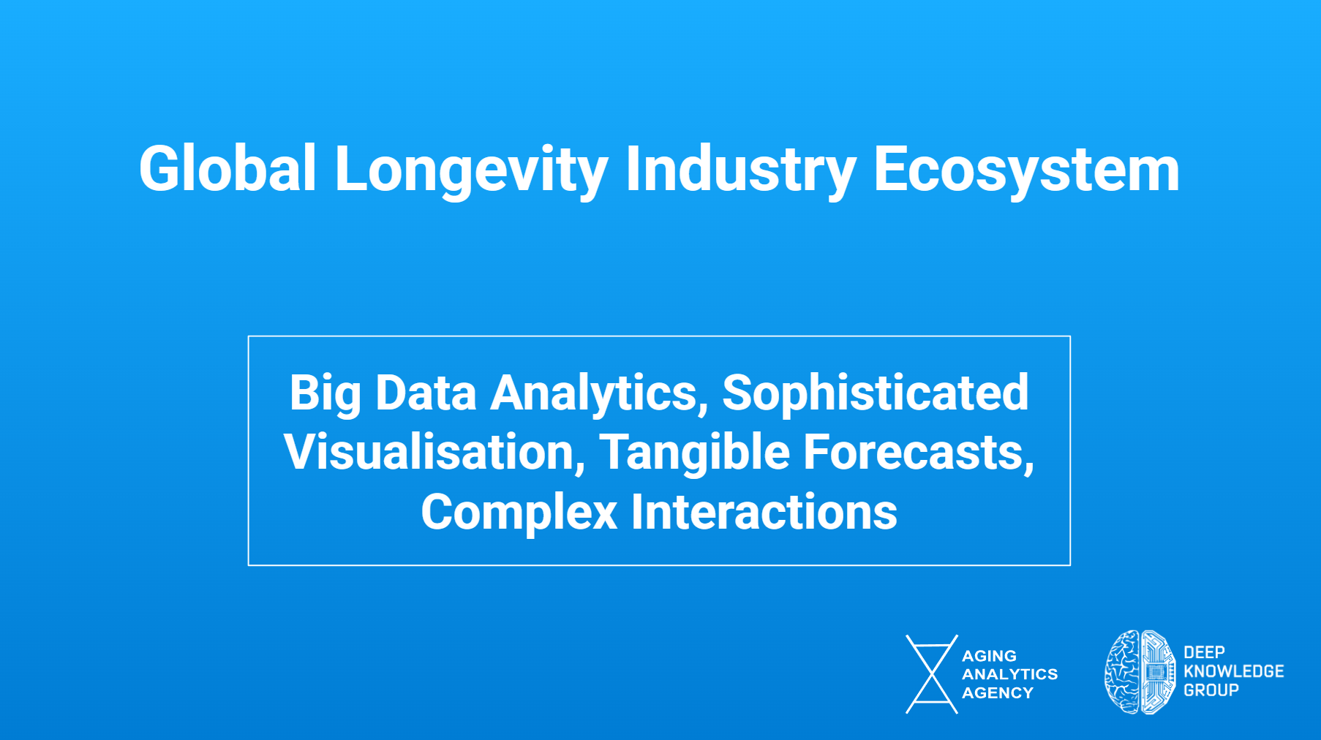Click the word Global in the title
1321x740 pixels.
[x=227, y=169]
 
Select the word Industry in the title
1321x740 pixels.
[x=740, y=172]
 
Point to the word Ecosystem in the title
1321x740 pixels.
[x=1026, y=172]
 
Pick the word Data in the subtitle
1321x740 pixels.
[x=426, y=393]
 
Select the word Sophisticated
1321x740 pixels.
[x=875, y=395]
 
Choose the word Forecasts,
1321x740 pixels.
[x=919, y=453]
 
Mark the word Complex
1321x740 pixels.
[x=519, y=513]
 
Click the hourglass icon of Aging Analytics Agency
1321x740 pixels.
[x=932, y=674]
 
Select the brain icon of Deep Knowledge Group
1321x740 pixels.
[x=1140, y=672]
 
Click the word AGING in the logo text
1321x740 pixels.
[x=989, y=656]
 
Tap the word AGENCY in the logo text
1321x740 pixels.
[x=998, y=692]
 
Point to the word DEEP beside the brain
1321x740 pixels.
[x=1204, y=652]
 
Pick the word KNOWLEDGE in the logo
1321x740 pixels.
[x=1233, y=671]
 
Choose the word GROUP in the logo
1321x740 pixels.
[x=1211, y=690]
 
